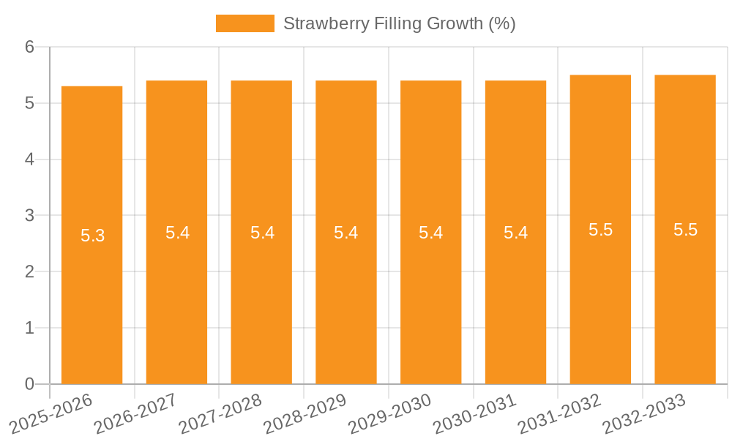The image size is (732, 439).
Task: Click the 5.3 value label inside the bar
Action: click(x=92, y=236)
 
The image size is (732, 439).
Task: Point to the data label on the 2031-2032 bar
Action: click(x=600, y=230)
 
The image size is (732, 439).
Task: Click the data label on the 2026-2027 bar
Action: click(x=177, y=233)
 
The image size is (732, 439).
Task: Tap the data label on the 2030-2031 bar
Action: click(x=515, y=233)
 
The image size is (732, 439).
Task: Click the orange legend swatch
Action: click(x=244, y=23)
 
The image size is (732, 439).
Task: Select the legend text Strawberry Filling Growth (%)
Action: click(x=399, y=23)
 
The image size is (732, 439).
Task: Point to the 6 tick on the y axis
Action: click(x=29, y=47)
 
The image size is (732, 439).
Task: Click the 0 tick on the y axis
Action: click(x=29, y=384)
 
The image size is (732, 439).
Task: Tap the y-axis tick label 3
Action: click(x=29, y=216)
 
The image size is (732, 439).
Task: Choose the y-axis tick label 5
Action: click(x=29, y=103)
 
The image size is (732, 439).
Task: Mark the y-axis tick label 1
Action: click(x=29, y=328)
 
